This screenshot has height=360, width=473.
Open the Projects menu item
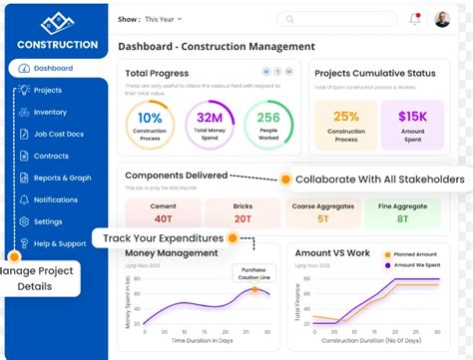(47, 90)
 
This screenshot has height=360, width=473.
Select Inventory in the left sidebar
(50, 112)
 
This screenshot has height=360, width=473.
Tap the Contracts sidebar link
(51, 156)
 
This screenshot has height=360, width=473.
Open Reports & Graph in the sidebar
(62, 178)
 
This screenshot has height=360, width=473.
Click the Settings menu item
(47, 221)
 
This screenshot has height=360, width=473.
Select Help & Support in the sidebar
(59, 243)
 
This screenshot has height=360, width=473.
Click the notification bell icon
(415, 19)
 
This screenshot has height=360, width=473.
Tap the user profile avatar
(442, 19)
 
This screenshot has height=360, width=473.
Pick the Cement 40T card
(162, 211)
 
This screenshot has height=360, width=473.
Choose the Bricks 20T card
(241, 211)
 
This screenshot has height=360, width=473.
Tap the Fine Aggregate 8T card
(402, 211)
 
